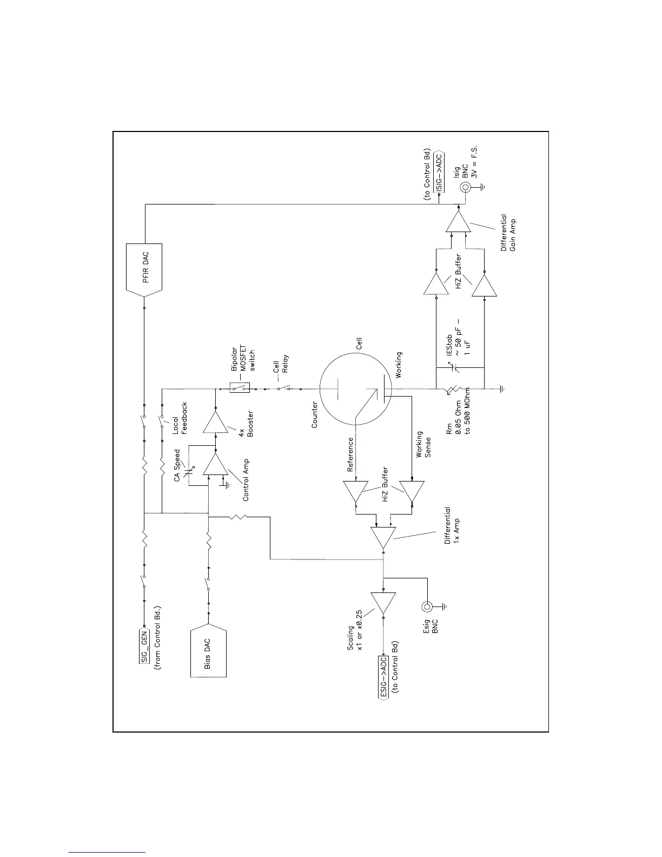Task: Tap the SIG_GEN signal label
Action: [x=144, y=643]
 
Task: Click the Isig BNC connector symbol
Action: [x=465, y=187]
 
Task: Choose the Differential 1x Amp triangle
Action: [x=383, y=537]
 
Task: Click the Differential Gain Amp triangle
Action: [x=459, y=221]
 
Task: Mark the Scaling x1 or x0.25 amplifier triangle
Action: [x=383, y=602]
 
